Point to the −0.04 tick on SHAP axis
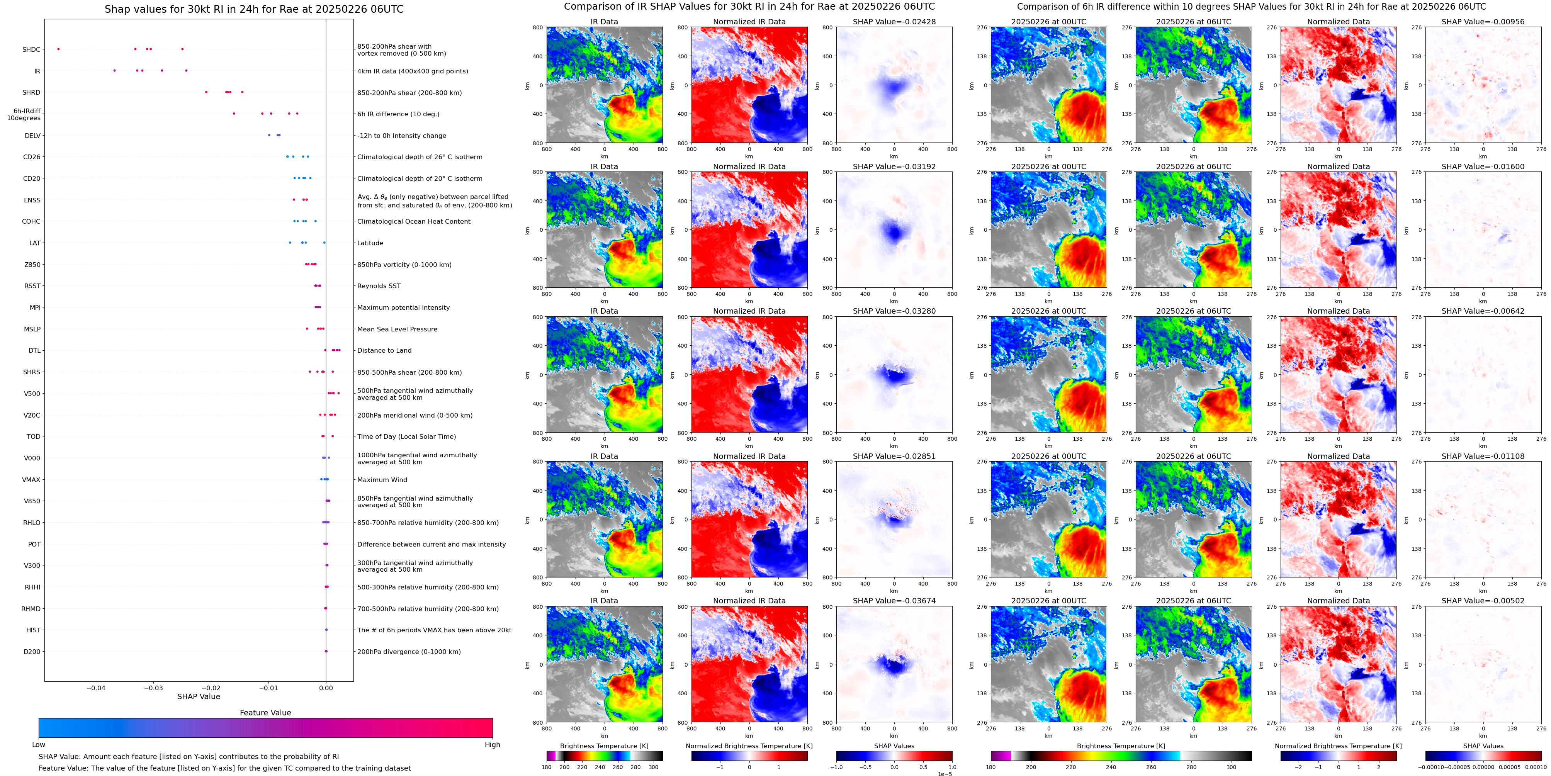[96, 688]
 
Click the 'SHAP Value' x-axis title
[198, 696]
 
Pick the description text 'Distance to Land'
[384, 350]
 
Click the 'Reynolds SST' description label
[379, 286]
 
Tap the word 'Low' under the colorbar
[39, 745]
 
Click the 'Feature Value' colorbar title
[265, 713]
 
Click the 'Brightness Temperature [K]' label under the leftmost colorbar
[604, 746]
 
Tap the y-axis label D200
[32, 651]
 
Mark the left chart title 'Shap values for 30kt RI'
[253, 9]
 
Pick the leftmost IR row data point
[114, 71]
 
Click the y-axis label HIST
[33, 630]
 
